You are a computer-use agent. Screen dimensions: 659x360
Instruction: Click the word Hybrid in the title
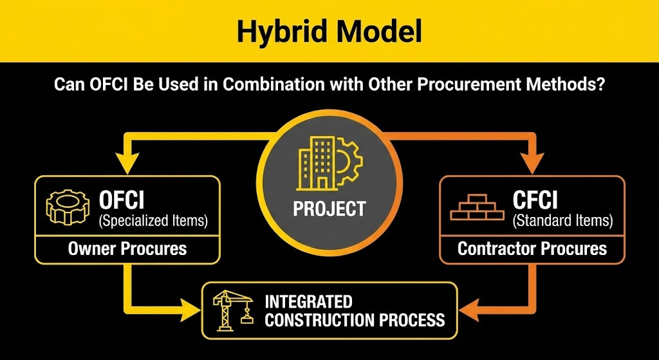[x=283, y=32]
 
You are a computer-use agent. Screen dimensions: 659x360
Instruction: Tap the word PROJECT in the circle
[x=329, y=209]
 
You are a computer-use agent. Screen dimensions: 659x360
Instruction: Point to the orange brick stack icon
[x=477, y=207]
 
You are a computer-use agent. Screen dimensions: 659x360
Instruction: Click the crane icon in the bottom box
[x=232, y=310]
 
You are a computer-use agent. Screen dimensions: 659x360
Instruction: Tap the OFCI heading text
[x=122, y=200]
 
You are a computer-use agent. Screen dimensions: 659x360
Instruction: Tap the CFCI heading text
[x=535, y=200]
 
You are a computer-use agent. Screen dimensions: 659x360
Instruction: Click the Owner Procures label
[x=127, y=249]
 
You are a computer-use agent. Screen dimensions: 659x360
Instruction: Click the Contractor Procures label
[x=532, y=249]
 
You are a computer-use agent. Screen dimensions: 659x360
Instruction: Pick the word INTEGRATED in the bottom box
[x=308, y=302]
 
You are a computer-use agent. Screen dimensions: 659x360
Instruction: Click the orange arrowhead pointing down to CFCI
[x=532, y=164]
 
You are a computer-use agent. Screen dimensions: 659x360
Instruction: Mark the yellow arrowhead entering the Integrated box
[x=191, y=311]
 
